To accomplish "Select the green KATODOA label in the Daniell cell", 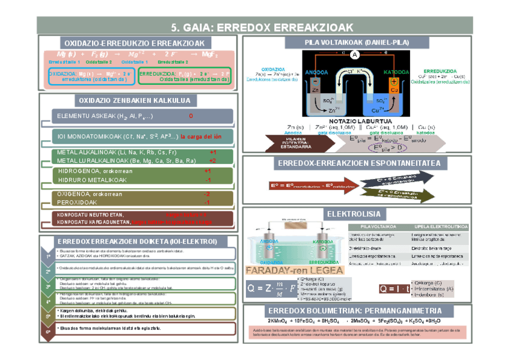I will tap(393, 73).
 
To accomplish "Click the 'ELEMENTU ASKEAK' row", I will tap(120, 115).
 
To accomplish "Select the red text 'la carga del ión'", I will tap(202, 136).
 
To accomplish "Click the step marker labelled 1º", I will tap(48, 257).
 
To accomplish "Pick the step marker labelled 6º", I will tap(48, 331).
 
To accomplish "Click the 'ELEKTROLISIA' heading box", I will tap(353, 213).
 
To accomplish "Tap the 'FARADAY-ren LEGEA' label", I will tap(279, 271).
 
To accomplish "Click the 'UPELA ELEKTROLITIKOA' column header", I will tap(437, 226).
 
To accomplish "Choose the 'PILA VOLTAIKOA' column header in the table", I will tap(376, 226).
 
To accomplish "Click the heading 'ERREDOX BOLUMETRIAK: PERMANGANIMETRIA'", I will tap(354, 311).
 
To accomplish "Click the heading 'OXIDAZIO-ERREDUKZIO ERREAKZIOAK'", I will tap(135, 43).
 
